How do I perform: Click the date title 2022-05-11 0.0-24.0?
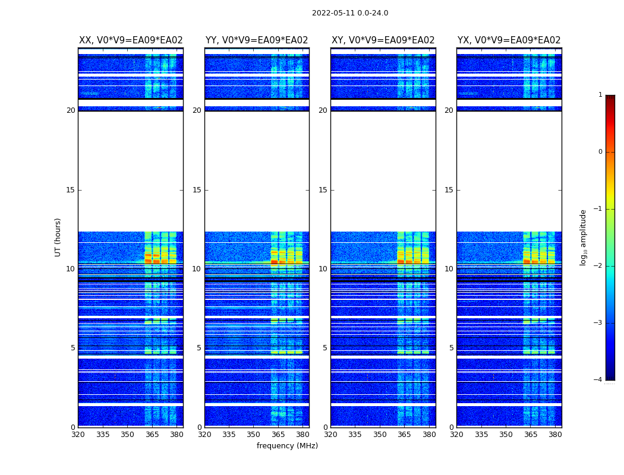click(x=350, y=13)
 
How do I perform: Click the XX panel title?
click(x=131, y=40)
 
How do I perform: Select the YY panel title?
click(x=257, y=40)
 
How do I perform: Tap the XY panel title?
click(x=383, y=40)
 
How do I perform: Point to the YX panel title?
click(x=509, y=40)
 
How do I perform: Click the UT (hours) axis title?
click(x=58, y=237)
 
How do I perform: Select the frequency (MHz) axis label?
click(x=287, y=446)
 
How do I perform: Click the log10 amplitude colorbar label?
click(x=584, y=237)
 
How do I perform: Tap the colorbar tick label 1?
click(x=600, y=95)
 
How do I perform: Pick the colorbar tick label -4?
click(x=599, y=380)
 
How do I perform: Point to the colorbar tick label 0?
click(x=600, y=152)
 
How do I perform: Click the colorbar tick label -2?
click(x=599, y=266)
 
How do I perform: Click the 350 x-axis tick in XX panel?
click(x=127, y=435)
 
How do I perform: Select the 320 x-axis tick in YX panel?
click(x=456, y=435)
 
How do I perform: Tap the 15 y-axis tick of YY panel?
click(x=196, y=190)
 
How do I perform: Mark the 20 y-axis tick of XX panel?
click(x=71, y=110)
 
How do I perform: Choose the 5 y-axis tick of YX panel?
click(x=451, y=348)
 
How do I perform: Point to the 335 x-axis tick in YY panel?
click(x=229, y=435)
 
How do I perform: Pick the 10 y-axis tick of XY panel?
click(x=323, y=269)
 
